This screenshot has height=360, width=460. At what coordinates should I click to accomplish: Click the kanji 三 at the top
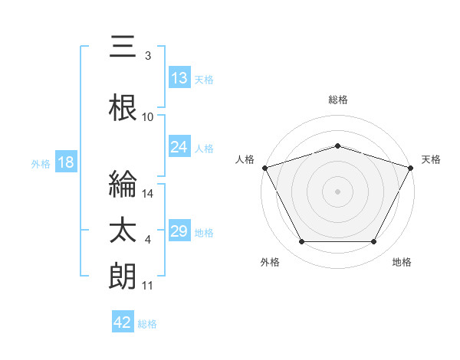click(x=123, y=46)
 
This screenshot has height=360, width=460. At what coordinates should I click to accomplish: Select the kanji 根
click(x=123, y=107)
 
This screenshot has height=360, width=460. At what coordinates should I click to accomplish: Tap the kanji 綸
click(x=123, y=184)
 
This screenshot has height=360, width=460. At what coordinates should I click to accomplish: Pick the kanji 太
click(x=123, y=230)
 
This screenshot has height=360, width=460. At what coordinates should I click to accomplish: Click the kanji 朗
click(x=123, y=276)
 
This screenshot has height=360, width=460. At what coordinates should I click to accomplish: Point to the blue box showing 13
click(x=179, y=77)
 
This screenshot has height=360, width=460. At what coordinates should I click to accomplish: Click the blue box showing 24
click(x=179, y=146)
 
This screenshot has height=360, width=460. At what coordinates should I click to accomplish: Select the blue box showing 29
click(x=179, y=230)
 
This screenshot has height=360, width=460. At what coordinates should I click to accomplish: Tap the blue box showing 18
click(x=66, y=162)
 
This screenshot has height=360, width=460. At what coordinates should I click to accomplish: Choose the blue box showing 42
click(x=123, y=321)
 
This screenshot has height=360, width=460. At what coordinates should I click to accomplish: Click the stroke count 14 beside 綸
click(x=147, y=194)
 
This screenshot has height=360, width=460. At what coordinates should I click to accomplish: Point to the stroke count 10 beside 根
click(x=147, y=117)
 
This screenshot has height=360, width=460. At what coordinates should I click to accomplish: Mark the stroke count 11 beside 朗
click(x=147, y=286)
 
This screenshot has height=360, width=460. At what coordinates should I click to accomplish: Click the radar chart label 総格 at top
click(x=338, y=100)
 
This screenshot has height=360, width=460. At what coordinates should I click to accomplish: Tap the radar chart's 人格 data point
click(x=265, y=168)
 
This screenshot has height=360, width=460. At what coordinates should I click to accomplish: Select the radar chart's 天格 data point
click(x=411, y=168)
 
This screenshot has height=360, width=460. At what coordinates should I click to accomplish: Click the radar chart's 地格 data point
click(x=373, y=241)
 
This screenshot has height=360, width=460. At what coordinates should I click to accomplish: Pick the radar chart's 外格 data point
click(x=302, y=241)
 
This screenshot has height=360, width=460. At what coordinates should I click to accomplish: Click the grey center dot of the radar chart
click(x=337, y=191)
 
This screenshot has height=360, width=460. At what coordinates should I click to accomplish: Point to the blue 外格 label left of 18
click(x=41, y=164)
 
